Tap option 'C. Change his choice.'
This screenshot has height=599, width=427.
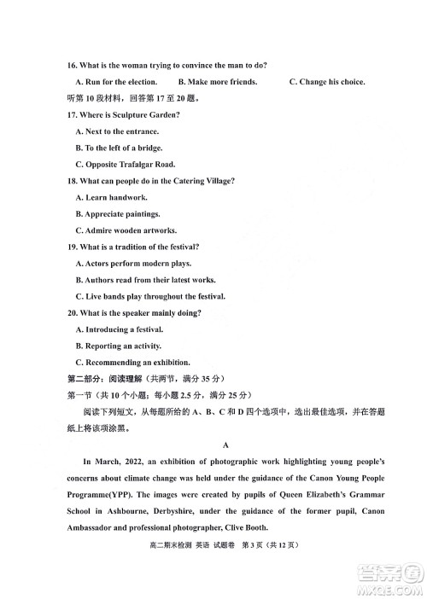[327, 82]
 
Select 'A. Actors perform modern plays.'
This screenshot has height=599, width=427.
[134, 264]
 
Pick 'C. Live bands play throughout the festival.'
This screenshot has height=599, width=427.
[150, 296]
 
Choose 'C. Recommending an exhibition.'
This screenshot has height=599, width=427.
[132, 362]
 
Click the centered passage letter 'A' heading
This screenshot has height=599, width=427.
[225, 445]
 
